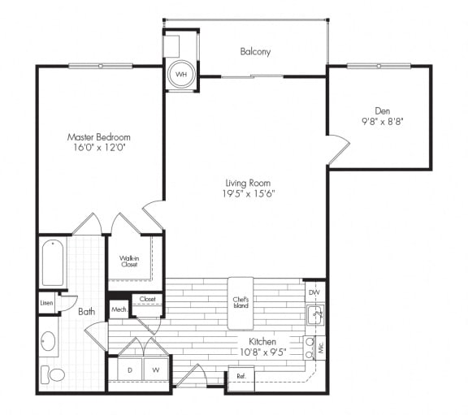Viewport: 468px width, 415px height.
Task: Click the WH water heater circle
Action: [x=180, y=75]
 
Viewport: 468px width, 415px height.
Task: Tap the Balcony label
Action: [x=255, y=52]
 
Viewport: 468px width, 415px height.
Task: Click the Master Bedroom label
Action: [x=98, y=137]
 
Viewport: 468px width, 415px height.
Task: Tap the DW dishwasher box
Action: [x=314, y=292]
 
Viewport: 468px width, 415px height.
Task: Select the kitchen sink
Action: [x=314, y=313]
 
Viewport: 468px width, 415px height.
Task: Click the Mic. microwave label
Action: [x=320, y=348]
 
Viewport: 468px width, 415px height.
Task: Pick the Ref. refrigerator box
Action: [x=241, y=376]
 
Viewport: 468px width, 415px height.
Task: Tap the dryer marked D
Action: [x=130, y=370]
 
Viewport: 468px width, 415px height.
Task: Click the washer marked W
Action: [x=155, y=370]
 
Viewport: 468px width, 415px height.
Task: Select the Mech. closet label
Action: [x=119, y=309]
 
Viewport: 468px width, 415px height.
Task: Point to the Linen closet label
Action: [x=47, y=304]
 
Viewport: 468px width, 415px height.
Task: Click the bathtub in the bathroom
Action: [x=53, y=262]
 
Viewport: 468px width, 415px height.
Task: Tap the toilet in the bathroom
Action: [x=54, y=374]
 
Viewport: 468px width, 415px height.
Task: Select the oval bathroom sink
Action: [x=49, y=340]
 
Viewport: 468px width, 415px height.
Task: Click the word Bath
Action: [x=86, y=311]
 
